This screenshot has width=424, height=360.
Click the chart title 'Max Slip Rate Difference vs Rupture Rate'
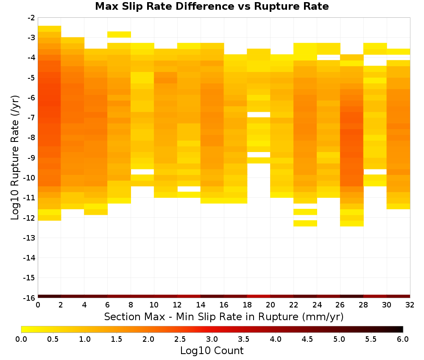tap(212, 6)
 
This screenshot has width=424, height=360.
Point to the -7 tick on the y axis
tap(31, 118)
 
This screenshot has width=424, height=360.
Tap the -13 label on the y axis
tap(30, 238)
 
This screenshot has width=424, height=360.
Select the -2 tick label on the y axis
tap(31, 18)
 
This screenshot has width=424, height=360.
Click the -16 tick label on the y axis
tap(30, 298)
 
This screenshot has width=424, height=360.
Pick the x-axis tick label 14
tap(201, 305)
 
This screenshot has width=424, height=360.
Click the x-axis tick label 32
tap(410, 305)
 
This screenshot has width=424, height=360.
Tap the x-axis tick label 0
tap(38, 305)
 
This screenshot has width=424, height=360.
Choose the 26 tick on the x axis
tap(340, 305)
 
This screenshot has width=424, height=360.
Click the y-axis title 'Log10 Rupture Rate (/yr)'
tap(15, 158)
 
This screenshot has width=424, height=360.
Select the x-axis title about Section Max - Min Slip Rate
tap(224, 317)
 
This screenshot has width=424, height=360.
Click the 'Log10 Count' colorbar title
tap(212, 351)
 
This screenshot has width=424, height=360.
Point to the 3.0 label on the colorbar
tap(212, 339)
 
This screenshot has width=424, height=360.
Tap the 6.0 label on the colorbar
tap(403, 339)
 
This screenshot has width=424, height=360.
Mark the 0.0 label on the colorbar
tap(21, 339)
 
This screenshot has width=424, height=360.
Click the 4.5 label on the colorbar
tap(307, 339)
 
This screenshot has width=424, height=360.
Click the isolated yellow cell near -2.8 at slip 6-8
tap(119, 35)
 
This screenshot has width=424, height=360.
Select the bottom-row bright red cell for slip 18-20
tap(259, 296)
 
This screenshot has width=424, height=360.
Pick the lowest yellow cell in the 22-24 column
tap(305, 223)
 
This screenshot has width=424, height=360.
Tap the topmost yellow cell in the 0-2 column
tap(50, 29)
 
